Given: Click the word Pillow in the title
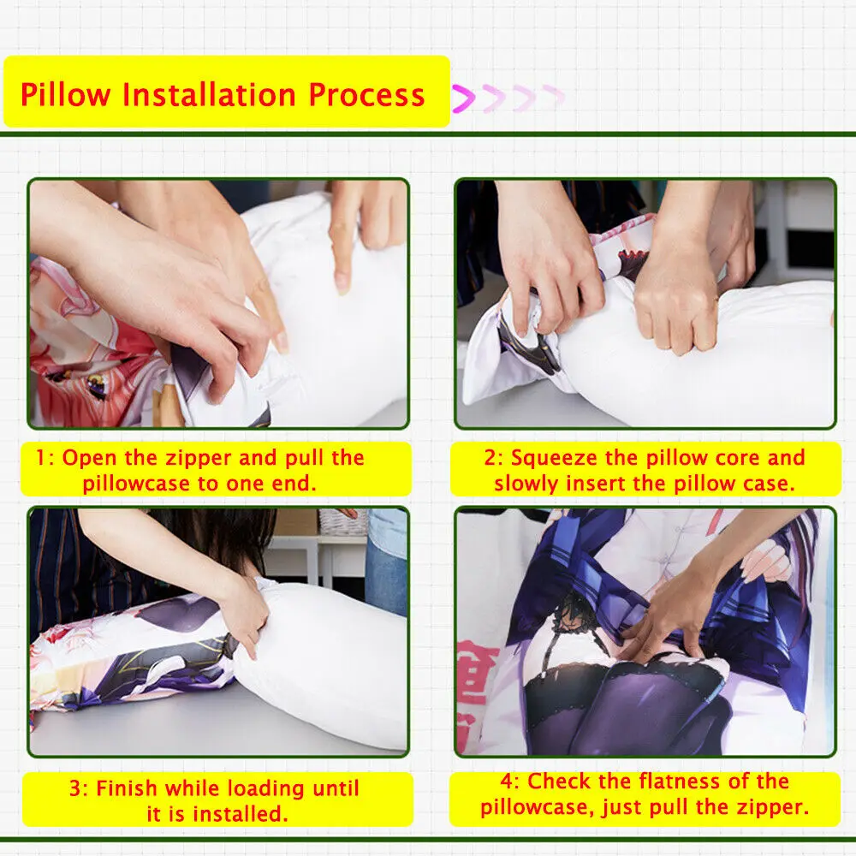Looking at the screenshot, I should click(66, 95).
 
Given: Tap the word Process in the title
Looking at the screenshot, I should click(367, 95).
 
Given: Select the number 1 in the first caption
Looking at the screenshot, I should click(41, 458).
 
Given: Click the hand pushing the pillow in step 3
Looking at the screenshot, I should click(244, 612).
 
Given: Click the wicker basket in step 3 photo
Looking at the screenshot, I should click(342, 520).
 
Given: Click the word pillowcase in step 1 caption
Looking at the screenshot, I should click(135, 483).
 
